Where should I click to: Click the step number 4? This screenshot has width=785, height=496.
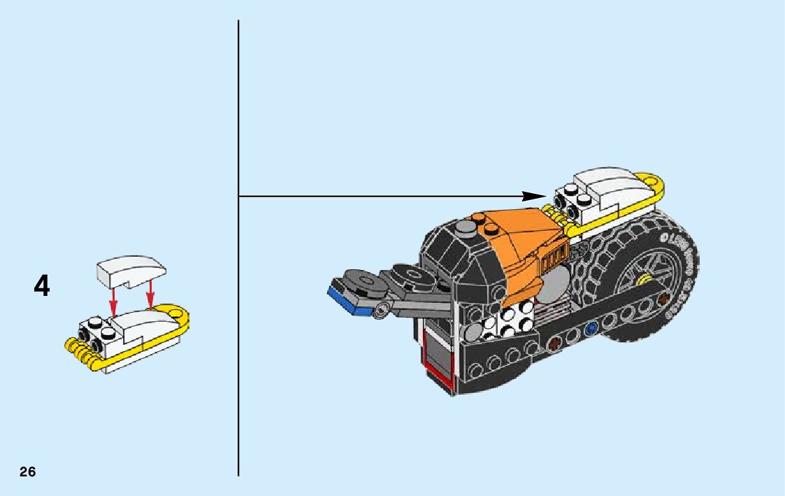click(42, 286)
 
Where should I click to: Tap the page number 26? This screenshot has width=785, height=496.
click(27, 472)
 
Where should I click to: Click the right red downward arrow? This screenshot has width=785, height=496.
click(150, 297)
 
